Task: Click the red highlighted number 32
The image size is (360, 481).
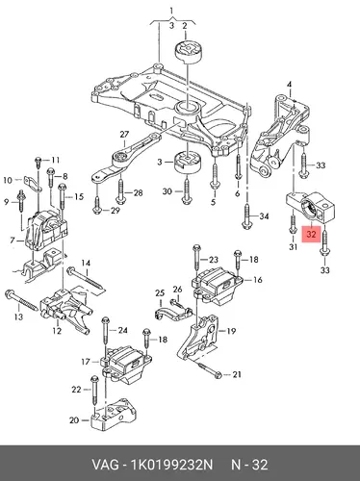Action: click(311, 235)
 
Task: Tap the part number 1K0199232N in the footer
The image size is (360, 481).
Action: click(170, 465)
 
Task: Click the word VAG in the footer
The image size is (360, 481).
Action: click(105, 465)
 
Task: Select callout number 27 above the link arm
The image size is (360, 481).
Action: click(124, 135)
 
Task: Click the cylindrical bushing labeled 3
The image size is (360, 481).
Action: click(188, 164)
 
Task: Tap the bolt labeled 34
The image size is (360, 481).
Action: click(247, 216)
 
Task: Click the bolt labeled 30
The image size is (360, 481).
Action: click(187, 190)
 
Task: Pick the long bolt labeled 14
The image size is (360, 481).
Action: click(86, 279)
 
